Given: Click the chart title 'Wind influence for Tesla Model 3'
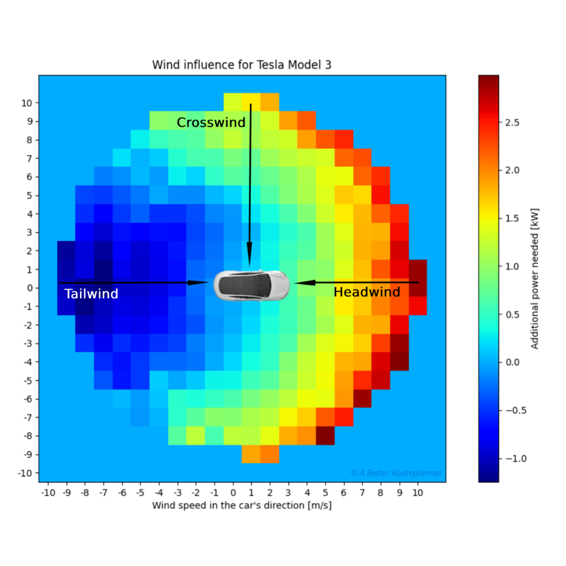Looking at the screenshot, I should (242, 65).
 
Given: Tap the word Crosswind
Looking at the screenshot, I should (211, 123).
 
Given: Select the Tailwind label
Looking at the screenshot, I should (91, 294).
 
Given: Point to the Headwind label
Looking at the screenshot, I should (367, 292).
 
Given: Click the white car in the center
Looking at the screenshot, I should (251, 285).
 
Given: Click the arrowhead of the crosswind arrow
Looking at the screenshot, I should (249, 258).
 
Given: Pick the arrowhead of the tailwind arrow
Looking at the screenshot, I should (200, 283).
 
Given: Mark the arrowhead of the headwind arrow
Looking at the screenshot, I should (304, 282).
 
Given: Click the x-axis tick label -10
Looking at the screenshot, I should (48, 493).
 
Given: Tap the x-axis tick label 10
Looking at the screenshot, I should (417, 493).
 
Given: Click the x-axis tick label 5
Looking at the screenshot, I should (325, 493).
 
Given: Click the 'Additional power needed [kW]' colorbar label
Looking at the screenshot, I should (535, 279).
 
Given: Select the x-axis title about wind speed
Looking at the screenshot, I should (242, 506).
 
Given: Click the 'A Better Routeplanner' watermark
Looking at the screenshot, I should (396, 473).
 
